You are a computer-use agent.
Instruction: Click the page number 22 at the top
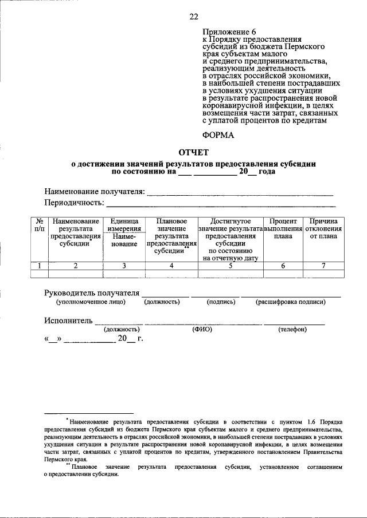coord(194,16)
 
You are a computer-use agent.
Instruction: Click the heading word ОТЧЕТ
coord(194,152)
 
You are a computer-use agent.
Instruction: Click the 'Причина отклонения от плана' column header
coord(323,229)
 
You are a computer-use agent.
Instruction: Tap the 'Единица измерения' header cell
coord(124,225)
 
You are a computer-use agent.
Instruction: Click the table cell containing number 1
coord(39,265)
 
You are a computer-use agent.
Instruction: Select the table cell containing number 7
coord(323,265)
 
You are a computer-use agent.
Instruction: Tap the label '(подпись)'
coord(221,302)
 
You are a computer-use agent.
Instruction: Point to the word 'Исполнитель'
coord(68,321)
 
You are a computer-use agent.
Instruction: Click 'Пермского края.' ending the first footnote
coord(65,460)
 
